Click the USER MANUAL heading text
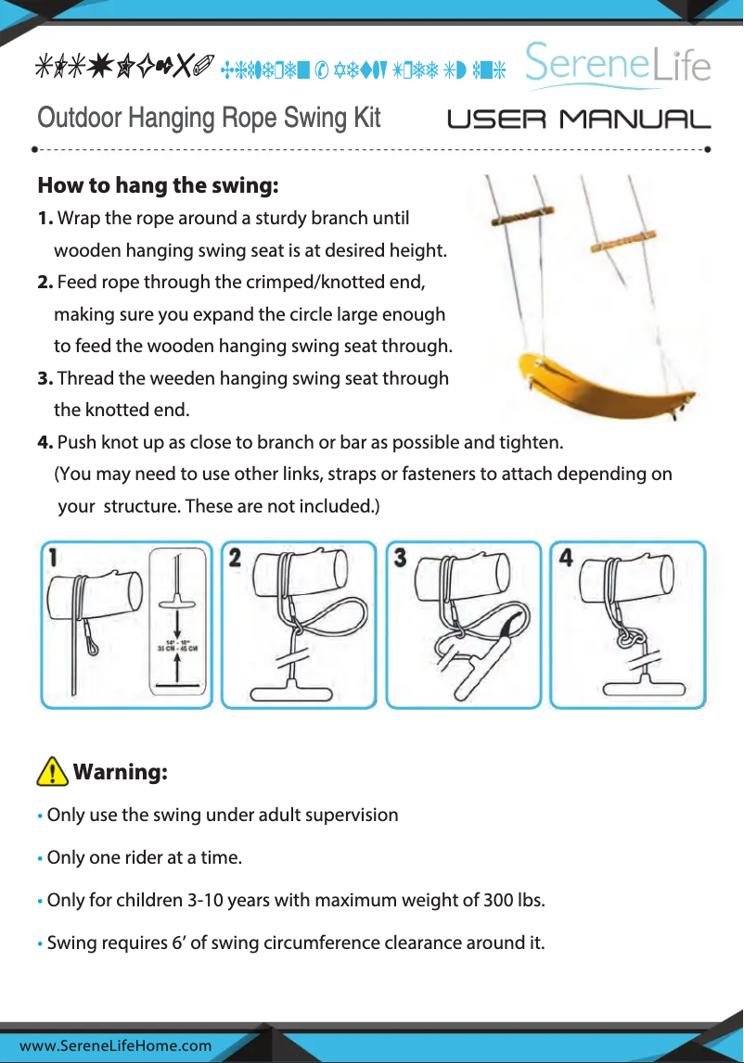coord(579,120)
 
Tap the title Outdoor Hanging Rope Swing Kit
coord(209,119)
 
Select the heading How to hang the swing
coord(158,185)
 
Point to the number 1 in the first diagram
coord(55,558)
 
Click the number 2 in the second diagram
coord(236,558)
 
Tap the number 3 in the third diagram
coord(400,558)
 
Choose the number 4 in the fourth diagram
coord(565,558)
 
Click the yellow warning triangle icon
coord(53,771)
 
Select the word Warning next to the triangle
coord(120,772)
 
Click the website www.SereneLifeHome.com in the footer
coord(116,1046)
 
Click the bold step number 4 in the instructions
coord(45,441)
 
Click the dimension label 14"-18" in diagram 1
coord(179,639)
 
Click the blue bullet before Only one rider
coord(40,859)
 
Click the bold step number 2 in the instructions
coord(45,282)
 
